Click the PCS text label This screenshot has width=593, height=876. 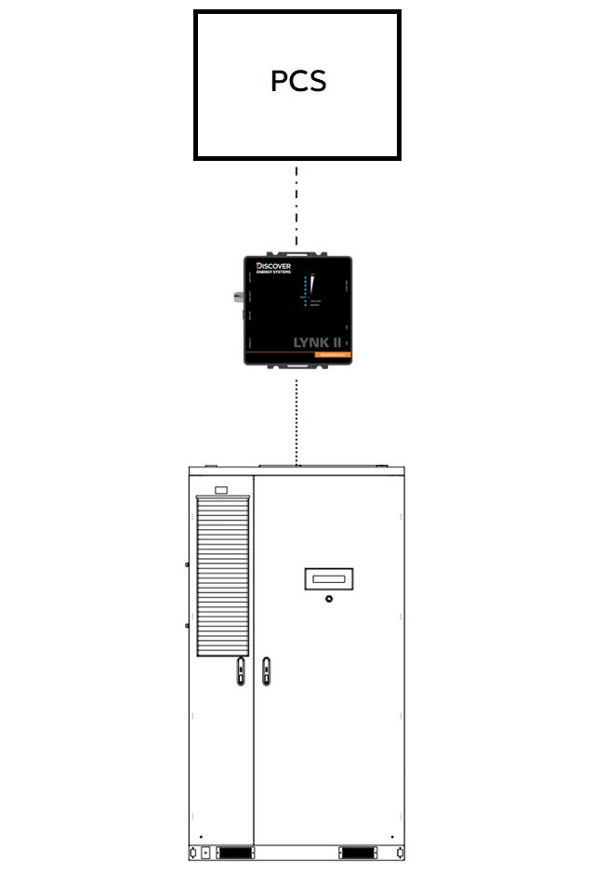pyautogui.click(x=298, y=81)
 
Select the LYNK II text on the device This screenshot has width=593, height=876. pyautogui.click(x=316, y=342)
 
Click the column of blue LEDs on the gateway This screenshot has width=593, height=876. pyautogui.click(x=305, y=292)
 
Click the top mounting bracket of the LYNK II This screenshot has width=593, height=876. pyautogui.click(x=297, y=251)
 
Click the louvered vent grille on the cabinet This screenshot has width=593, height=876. pyautogui.click(x=223, y=576)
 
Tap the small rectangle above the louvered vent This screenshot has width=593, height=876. pyautogui.click(x=221, y=489)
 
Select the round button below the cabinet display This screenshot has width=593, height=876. pyautogui.click(x=328, y=600)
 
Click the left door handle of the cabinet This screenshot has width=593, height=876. pyautogui.click(x=241, y=670)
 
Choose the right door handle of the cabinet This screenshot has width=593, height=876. pyautogui.click(x=266, y=670)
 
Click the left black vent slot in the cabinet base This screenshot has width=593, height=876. pyautogui.click(x=234, y=852)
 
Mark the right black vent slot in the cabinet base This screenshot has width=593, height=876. pyautogui.click(x=359, y=852)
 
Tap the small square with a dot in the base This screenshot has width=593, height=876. pyautogui.click(x=205, y=852)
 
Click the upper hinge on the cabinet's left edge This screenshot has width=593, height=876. pyautogui.click(x=187, y=564)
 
